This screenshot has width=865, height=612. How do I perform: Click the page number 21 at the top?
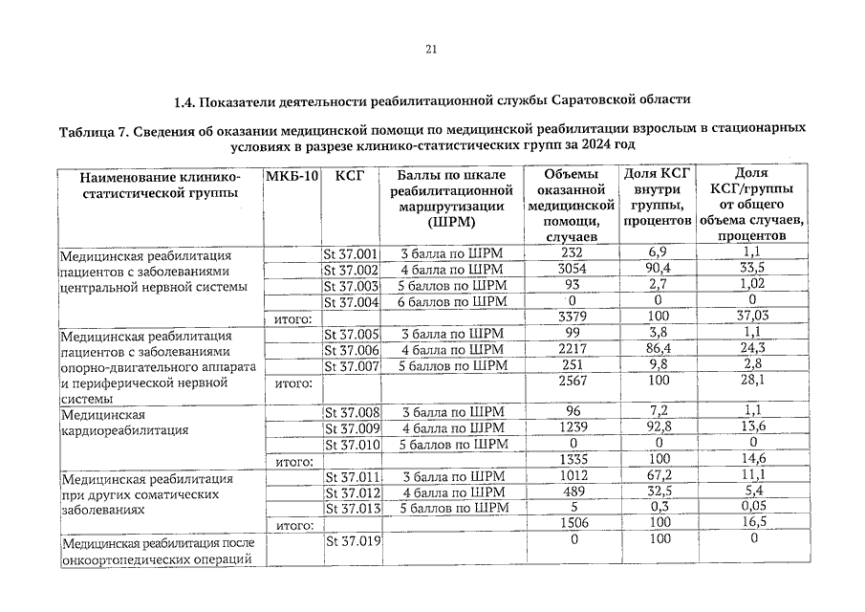click(431, 51)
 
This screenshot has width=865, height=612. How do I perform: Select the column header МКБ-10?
click(291, 177)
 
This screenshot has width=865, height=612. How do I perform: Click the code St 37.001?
click(352, 253)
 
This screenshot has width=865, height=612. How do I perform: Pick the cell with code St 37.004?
click(352, 301)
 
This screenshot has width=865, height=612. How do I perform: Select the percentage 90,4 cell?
click(658, 270)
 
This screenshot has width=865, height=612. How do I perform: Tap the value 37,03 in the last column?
click(751, 317)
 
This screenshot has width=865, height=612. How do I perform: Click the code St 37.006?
click(352, 350)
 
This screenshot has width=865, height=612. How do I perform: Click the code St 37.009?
click(352, 428)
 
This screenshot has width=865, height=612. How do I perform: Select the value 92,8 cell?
click(658, 428)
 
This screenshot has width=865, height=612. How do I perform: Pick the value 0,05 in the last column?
click(751, 508)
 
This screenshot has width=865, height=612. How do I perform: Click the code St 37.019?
click(352, 541)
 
